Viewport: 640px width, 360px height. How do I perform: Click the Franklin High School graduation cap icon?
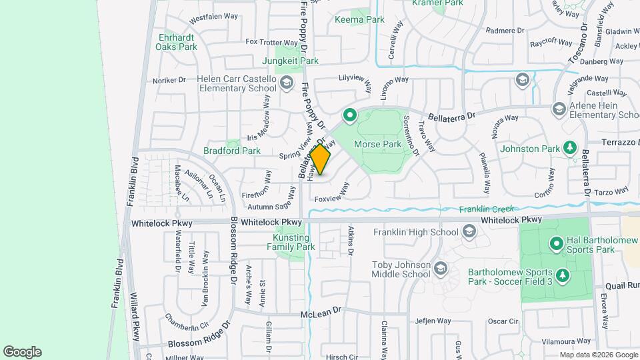pyautogui.click(x=469, y=231)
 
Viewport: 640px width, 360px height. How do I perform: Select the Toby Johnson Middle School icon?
pyautogui.click(x=439, y=269)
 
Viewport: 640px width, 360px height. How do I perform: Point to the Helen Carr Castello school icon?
pyautogui.click(x=287, y=83)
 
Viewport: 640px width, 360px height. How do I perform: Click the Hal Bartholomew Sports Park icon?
pyautogui.click(x=557, y=244)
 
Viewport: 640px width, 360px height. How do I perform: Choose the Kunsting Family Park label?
pyautogui.click(x=292, y=242)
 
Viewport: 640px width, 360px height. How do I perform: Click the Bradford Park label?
pyautogui.click(x=232, y=151)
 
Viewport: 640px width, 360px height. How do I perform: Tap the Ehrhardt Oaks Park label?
pyautogui.click(x=177, y=42)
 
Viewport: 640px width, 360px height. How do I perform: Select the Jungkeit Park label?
pyautogui.click(x=291, y=61)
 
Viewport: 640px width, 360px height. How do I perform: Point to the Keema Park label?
pyautogui.click(x=359, y=19)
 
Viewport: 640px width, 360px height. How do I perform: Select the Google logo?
pyautogui.click(x=22, y=352)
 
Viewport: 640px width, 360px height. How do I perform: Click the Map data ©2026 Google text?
pyautogui.click(x=597, y=355)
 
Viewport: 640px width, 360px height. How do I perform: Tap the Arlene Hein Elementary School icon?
pyautogui.click(x=559, y=109)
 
